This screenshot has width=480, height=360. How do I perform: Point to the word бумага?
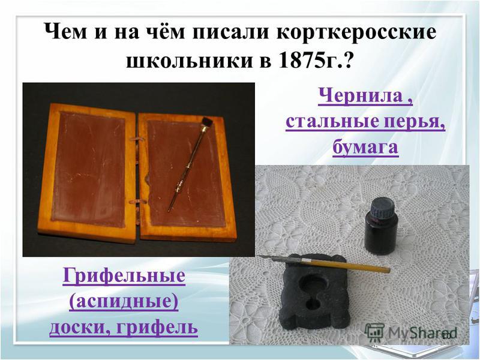[365, 147]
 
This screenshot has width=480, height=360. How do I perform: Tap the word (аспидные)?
[124, 302]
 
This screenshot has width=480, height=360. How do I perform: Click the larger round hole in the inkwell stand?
[313, 284]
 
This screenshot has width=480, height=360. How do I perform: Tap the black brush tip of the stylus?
[206, 122]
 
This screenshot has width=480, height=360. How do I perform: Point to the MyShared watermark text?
[422, 333]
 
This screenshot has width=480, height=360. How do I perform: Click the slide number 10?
[446, 336]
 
